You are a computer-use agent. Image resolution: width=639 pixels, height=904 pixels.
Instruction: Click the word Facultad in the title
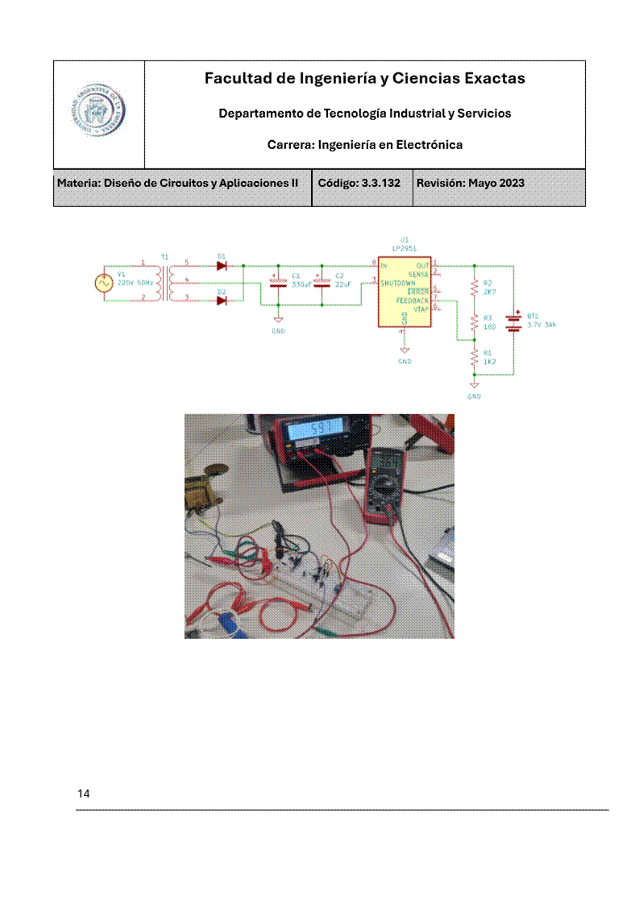(x=234, y=78)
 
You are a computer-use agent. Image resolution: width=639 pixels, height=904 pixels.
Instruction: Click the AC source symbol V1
(x=104, y=282)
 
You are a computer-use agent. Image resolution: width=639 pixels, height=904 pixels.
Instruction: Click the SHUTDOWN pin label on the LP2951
(x=398, y=284)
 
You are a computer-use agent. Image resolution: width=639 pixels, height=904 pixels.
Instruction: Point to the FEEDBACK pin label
(x=412, y=301)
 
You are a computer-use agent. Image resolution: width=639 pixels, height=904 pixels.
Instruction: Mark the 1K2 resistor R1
(x=475, y=355)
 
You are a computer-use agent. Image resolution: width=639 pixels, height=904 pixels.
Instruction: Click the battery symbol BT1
(x=513, y=321)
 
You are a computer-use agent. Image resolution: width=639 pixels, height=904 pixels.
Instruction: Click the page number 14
(x=84, y=794)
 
